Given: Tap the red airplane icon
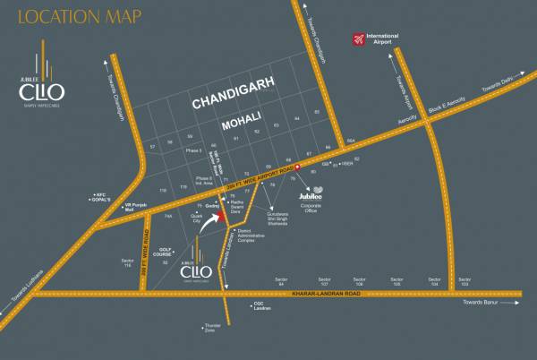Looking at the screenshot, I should pyautogui.click(x=357, y=39).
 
